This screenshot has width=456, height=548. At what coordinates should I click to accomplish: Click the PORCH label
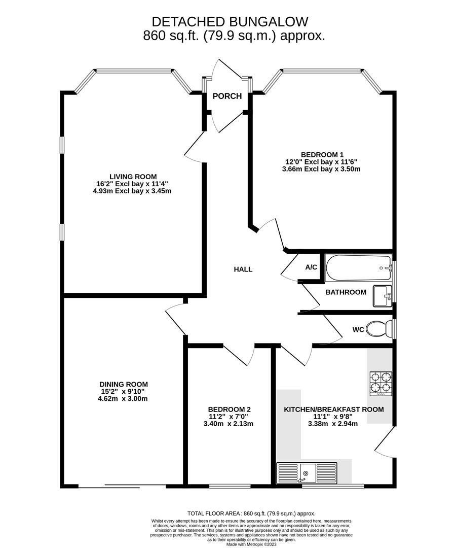227,96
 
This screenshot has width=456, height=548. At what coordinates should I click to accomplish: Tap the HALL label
243,269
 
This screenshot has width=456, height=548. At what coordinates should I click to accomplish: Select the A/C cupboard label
311,267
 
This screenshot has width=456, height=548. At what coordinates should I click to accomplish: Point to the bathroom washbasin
383,296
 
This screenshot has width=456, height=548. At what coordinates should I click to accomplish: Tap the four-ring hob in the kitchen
381,383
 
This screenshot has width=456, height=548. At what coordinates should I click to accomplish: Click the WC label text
358,330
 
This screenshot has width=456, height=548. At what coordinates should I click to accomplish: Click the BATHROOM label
346,292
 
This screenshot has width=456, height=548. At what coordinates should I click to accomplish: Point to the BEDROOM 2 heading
230,409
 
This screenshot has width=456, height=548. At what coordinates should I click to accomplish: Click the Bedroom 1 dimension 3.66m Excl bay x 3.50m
323,169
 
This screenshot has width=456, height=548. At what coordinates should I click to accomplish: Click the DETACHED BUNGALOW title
230,22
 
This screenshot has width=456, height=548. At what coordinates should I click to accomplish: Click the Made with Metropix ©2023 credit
252,544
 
